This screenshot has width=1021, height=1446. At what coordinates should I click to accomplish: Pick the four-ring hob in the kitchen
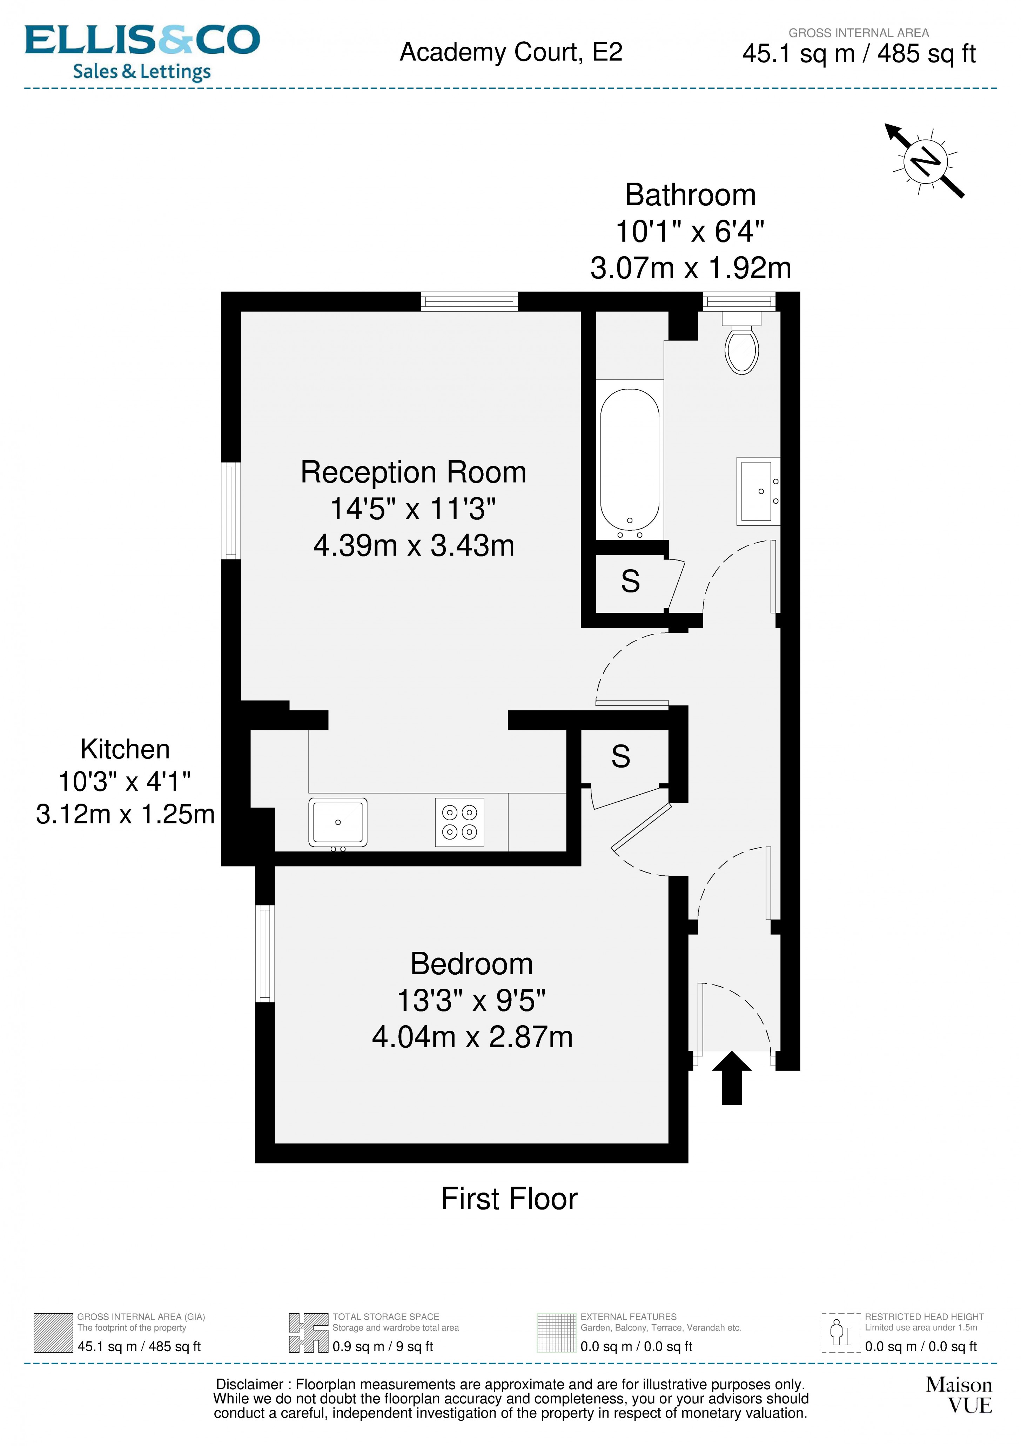coord(459,822)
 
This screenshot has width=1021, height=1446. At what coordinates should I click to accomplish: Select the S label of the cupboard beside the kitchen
coord(621,756)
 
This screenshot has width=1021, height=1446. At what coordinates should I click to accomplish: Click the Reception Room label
coord(413,472)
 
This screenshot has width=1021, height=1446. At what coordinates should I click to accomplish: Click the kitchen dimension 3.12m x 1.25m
coord(125,814)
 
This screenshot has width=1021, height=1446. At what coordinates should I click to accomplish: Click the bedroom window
coord(265,954)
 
